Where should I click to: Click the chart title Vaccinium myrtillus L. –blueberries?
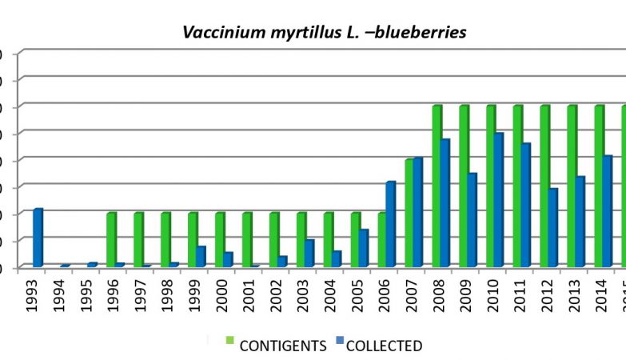(x=325, y=33)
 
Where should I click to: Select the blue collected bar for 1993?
(x=38, y=238)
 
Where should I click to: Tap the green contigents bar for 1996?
(x=111, y=239)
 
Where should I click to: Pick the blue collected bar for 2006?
(x=391, y=224)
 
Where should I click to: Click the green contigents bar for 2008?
(x=437, y=186)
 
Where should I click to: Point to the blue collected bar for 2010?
(x=499, y=199)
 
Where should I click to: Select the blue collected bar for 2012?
(x=553, y=227)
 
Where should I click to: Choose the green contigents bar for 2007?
(x=409, y=213)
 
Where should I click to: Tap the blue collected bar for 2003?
(x=309, y=253)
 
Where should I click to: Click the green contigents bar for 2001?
(x=247, y=239)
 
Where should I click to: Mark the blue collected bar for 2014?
(x=608, y=210)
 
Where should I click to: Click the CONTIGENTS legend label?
(x=283, y=346)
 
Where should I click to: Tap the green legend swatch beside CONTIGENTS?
(x=230, y=341)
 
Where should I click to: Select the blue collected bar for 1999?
(x=201, y=256)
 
